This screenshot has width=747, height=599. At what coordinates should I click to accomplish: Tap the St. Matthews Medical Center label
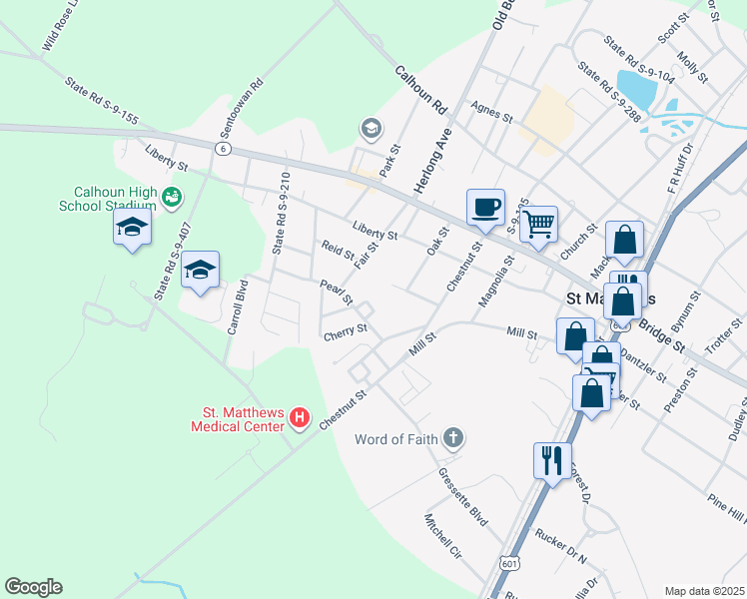[240, 418]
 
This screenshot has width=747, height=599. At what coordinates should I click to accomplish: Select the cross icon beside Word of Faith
[453, 437]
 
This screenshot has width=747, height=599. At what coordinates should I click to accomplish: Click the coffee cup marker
[485, 208]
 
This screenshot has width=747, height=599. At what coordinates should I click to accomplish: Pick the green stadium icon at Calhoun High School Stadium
[175, 197]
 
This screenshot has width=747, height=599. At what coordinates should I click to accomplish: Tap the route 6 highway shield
[223, 148]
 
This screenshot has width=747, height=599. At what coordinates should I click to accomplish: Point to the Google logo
[33, 587]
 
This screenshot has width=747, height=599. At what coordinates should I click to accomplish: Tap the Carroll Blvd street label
[237, 306]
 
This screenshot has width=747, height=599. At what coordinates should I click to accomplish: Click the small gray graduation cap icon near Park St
[371, 129]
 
